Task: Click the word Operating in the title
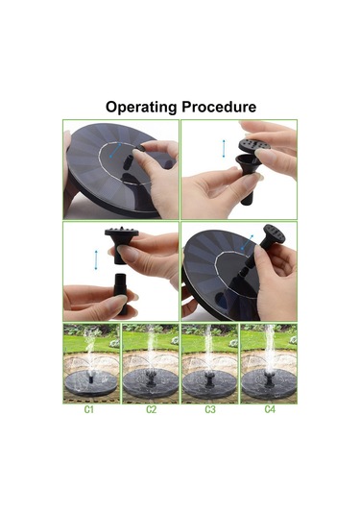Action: point(141,108)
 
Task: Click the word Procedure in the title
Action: point(219,107)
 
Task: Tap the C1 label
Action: point(89,409)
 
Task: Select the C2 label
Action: point(151,409)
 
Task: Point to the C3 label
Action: point(210,409)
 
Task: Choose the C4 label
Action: point(270,409)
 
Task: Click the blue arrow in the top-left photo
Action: point(115,151)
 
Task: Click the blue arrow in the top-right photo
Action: point(224,149)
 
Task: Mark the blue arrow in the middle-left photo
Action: point(96,260)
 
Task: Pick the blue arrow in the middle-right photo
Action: point(248,242)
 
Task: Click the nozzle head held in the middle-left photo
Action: point(121,244)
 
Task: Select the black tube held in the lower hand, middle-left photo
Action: point(121,293)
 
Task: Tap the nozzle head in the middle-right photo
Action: point(274,234)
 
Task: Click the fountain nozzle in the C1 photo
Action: point(91,379)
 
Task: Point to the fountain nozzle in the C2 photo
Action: point(151,378)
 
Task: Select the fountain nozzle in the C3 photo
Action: point(209,379)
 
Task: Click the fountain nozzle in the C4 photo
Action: point(269,378)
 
